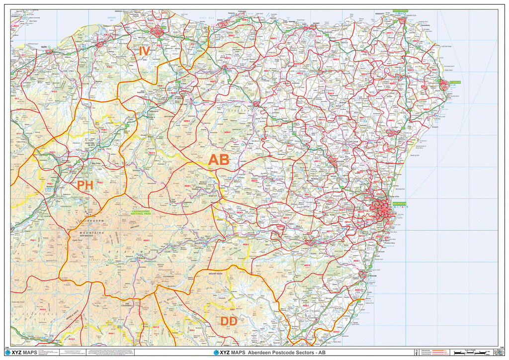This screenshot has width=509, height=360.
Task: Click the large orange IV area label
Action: [x=144, y=51]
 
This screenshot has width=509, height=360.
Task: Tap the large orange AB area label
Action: [x=219, y=160]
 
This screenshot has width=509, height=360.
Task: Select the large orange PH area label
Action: [x=85, y=185]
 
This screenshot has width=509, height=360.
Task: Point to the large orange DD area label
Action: [x=229, y=322]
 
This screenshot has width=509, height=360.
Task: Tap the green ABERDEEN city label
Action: [x=400, y=204]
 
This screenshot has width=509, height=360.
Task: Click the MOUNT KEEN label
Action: [x=216, y=274]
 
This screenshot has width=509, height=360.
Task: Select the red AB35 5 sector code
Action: [x=146, y=241]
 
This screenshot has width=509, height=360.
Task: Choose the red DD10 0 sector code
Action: [x=336, y=332]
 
